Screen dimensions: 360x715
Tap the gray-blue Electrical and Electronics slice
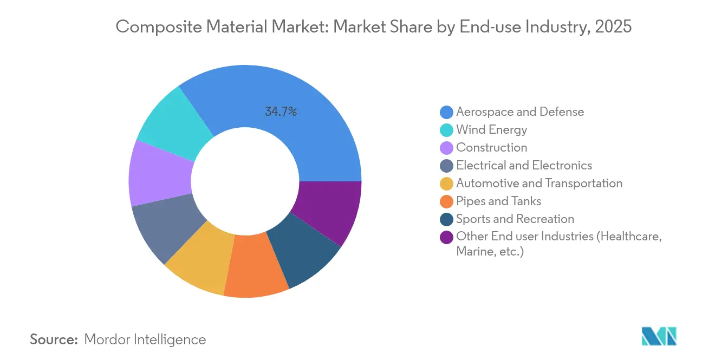coord(165,227)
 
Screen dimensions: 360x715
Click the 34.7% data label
coord(281,112)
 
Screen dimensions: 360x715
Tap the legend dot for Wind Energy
coord(446,130)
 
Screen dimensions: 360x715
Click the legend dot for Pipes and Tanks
coord(446,201)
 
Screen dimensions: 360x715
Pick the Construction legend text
coord(491,147)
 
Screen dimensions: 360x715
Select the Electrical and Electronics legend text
coord(524,165)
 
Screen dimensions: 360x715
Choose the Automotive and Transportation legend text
coord(539,183)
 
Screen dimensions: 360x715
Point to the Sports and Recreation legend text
coord(515,219)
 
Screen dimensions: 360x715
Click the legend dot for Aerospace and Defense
coord(446,112)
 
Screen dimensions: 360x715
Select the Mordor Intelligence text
coord(145,339)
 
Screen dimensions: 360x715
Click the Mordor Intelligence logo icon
coord(659,336)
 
